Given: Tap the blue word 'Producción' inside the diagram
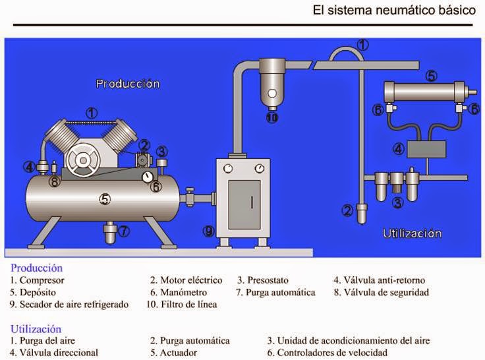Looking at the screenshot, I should pos(128,84).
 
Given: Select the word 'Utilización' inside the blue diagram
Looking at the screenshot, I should pos(413,233).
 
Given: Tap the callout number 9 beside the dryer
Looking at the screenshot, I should pos(208,231).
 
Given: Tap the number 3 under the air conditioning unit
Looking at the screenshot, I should pos(397,203).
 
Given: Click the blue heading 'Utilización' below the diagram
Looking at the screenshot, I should pos(36,329).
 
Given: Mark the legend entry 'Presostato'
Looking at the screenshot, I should pos(267,280).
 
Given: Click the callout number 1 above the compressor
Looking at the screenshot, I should pos(92,112).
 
